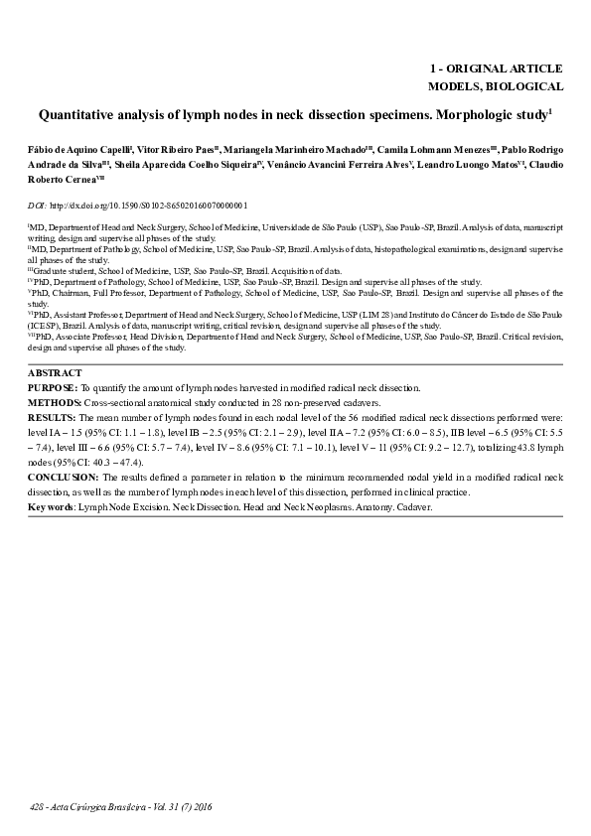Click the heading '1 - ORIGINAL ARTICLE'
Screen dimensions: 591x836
coord(496,69)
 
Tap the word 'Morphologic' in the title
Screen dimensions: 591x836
coord(461,115)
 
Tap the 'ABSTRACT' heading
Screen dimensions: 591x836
coord(56,373)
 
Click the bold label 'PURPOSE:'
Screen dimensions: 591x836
coord(53,387)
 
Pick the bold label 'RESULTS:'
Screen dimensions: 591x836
coord(52,418)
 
